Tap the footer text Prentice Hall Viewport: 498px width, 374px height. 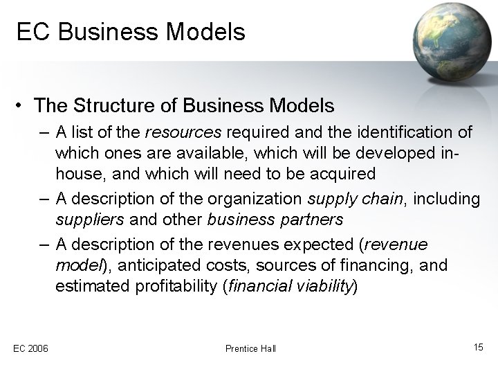point(250,348)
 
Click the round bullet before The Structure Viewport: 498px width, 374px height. point(21,106)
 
